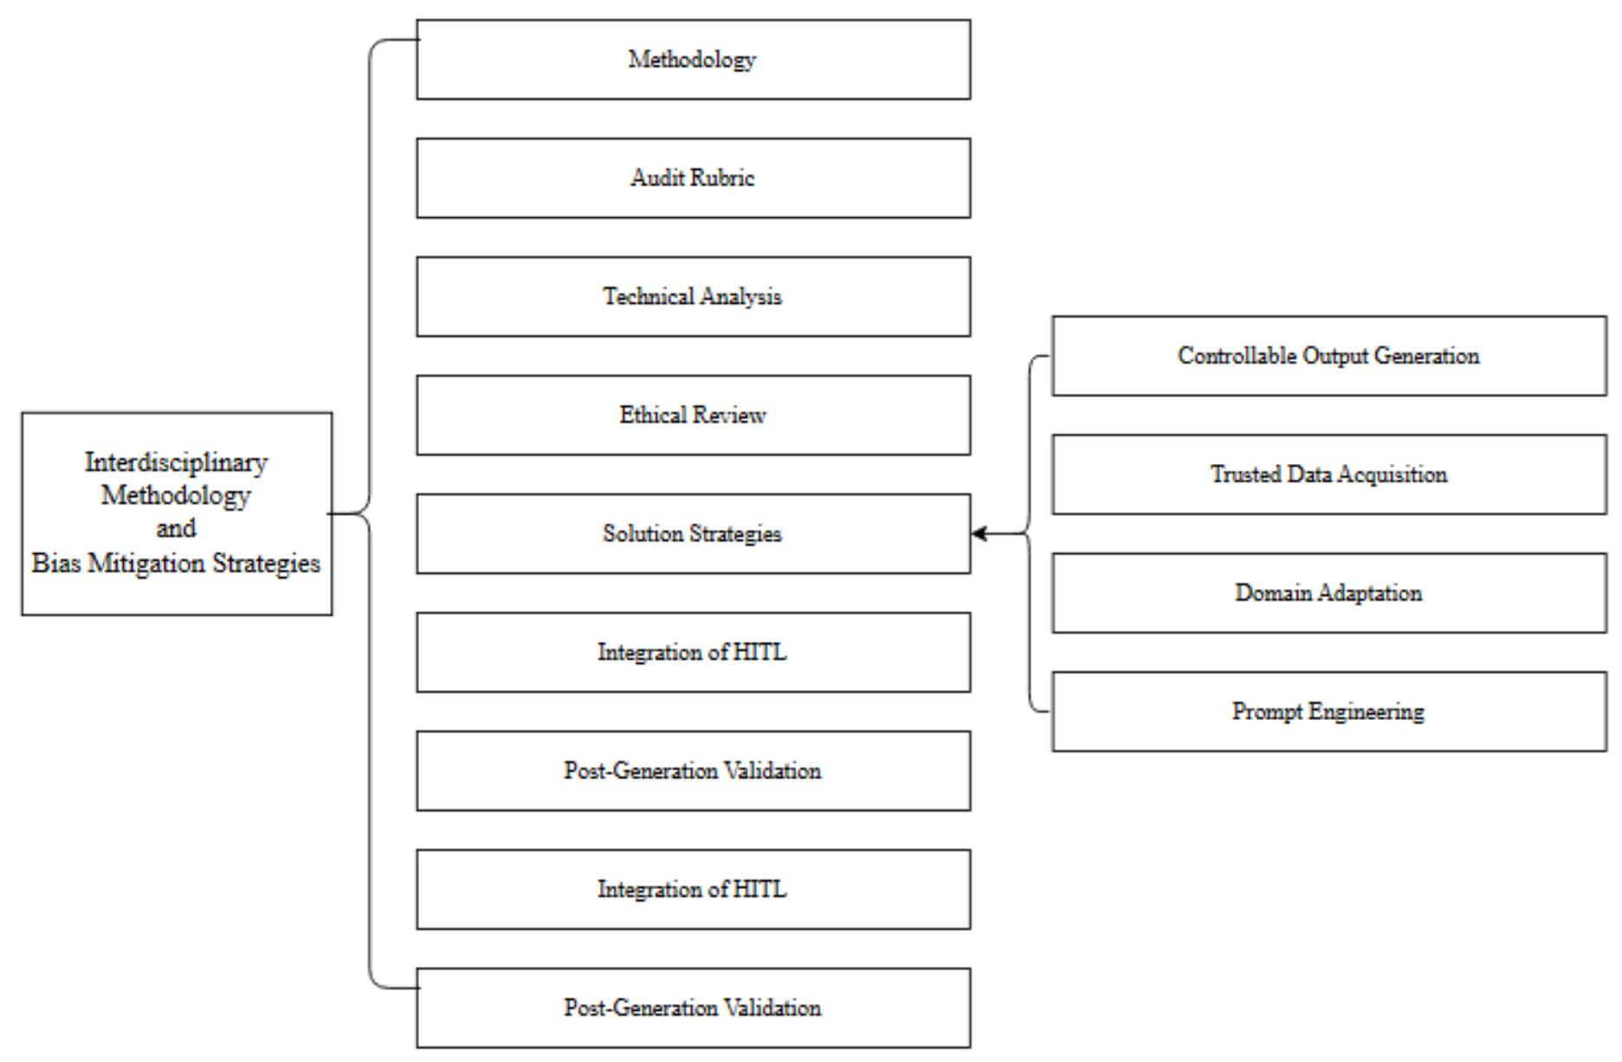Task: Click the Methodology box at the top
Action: click(x=693, y=60)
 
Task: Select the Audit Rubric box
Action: click(x=693, y=178)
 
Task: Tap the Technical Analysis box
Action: click(x=693, y=297)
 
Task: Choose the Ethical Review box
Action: click(x=693, y=415)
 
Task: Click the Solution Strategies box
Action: click(x=693, y=534)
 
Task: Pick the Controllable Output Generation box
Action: click(x=1328, y=357)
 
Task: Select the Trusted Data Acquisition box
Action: click(x=1328, y=475)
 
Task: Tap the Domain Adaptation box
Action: click(x=1328, y=594)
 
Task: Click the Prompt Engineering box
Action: click(x=1328, y=711)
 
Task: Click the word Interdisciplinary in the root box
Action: click(x=176, y=463)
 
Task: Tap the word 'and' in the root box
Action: click(x=176, y=529)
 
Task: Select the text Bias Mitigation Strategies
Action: click(x=176, y=563)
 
